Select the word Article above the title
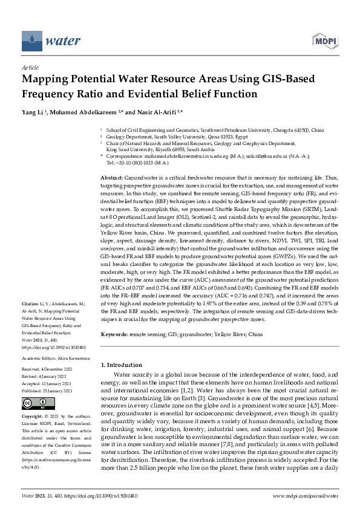30,68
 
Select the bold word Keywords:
116,334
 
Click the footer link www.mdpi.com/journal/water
305,495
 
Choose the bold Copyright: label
33,417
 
